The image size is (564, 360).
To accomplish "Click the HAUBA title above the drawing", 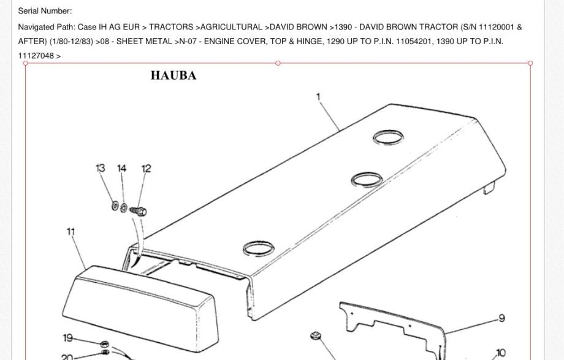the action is [173, 75].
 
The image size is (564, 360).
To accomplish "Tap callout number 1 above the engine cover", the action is [318, 96].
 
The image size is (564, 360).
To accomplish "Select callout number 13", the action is [101, 168].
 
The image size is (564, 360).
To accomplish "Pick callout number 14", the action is [122, 168].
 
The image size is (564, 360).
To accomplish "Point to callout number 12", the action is [147, 168].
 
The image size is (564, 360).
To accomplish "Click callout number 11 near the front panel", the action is [71, 231].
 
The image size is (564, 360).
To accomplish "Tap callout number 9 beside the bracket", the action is [501, 318].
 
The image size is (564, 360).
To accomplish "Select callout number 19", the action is [67, 338].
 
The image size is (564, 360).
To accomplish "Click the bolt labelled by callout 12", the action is [138, 210].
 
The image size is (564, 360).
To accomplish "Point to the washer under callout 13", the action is [115, 206].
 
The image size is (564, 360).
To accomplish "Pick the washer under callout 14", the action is [123, 208].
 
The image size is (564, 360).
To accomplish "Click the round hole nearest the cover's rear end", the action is [388, 137].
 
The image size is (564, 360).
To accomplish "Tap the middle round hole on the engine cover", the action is [367, 179].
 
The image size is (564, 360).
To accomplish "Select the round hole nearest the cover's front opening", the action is [259, 248].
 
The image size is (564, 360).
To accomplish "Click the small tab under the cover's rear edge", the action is [489, 188].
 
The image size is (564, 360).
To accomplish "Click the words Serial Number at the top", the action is [45, 11].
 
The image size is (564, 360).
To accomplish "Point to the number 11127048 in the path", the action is [36, 56].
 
